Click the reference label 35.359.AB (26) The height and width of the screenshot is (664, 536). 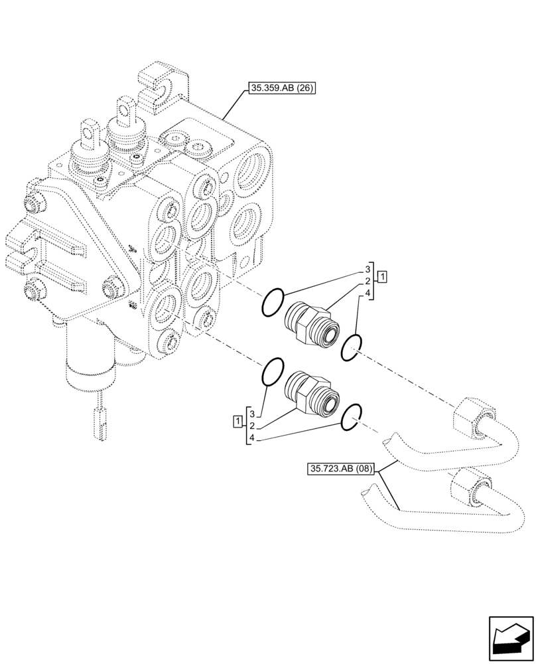point(281,88)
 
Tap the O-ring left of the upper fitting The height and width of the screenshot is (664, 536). point(273,303)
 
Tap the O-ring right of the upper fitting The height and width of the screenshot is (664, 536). point(352,347)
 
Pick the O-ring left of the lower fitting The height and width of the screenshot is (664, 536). point(273,373)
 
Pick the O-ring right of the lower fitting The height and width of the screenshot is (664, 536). point(352,416)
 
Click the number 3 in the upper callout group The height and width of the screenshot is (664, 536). point(367,270)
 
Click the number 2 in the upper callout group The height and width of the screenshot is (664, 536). point(367,282)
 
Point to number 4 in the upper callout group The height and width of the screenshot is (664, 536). point(367,293)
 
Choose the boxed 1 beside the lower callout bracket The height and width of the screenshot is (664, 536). point(237,420)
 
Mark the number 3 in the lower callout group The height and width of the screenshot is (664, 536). point(252,414)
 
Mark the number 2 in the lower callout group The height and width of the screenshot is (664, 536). point(252,426)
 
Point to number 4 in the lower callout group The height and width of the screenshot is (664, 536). point(252,438)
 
